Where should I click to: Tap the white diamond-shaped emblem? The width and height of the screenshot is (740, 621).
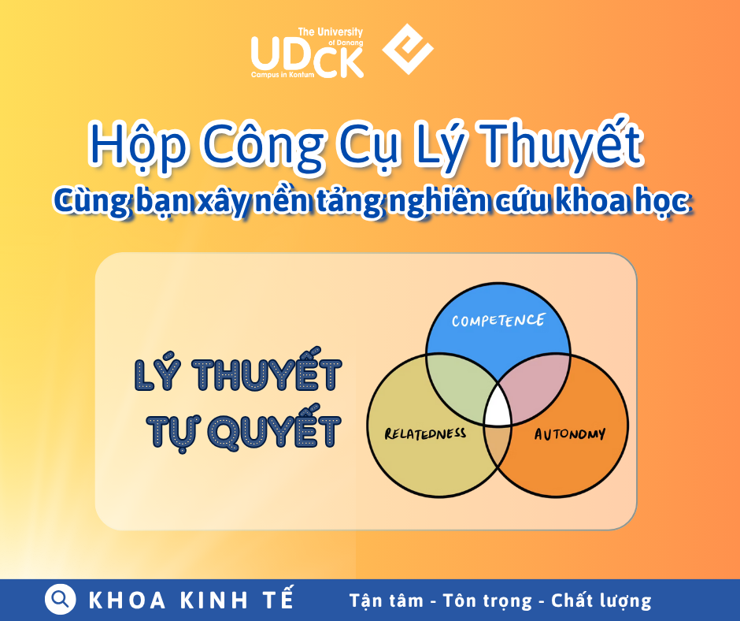coord(408,49)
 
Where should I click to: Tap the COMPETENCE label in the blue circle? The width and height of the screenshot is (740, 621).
coord(498,321)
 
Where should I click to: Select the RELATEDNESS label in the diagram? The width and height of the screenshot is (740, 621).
coord(425,433)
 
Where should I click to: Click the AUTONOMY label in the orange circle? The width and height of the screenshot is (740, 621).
coord(570,434)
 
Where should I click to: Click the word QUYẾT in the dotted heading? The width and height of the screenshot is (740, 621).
coord(275,432)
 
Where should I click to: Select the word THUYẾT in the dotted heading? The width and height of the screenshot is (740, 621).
coord(267,374)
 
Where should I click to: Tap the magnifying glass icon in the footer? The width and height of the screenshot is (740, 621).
coord(61,599)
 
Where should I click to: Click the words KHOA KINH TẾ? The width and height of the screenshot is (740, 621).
coord(191,599)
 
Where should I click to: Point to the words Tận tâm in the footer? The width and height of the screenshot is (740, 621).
coord(386,601)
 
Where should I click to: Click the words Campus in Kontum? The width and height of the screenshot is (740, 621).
coord(283,75)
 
